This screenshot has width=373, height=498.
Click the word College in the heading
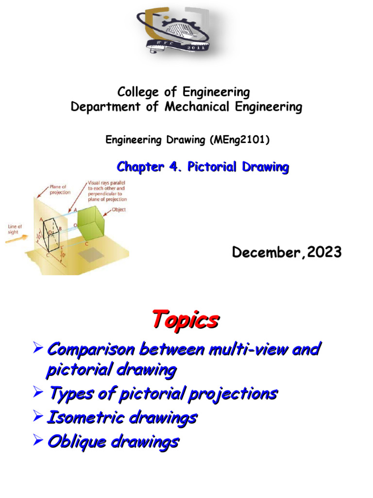[x=135, y=92]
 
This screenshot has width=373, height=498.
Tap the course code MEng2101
[x=240, y=140]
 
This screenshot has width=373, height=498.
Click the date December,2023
[x=287, y=252]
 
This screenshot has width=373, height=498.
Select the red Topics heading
[x=185, y=320]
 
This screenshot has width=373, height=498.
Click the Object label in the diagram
[x=119, y=210]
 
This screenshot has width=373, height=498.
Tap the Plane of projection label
[x=59, y=188]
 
